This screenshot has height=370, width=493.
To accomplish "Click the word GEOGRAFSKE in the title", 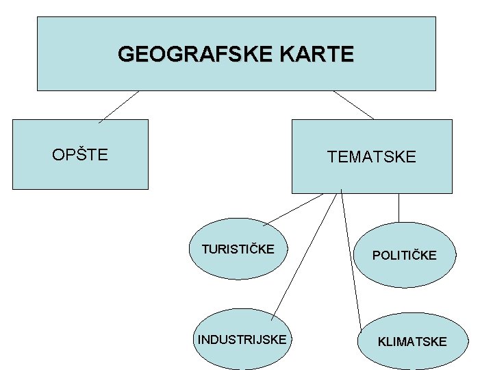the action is point(178,54).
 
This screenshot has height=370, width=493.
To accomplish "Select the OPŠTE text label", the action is point(80,155).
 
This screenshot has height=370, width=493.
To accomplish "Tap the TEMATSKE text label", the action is point(371,157).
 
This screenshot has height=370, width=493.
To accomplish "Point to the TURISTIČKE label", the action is point(238,249).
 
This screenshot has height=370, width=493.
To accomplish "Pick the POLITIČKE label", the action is point(404,256).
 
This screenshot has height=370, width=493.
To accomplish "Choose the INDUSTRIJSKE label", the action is point(242,339).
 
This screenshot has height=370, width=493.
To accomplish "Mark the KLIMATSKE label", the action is point(412,341).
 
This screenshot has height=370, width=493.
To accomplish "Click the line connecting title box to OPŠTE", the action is point(118,107).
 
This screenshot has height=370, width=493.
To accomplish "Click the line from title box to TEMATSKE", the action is point(353,105).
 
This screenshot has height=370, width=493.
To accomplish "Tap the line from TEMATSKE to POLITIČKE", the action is point(399,208).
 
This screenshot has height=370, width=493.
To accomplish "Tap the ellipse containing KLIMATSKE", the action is point(412,356).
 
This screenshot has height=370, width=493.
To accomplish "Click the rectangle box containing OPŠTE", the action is point(80,175).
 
